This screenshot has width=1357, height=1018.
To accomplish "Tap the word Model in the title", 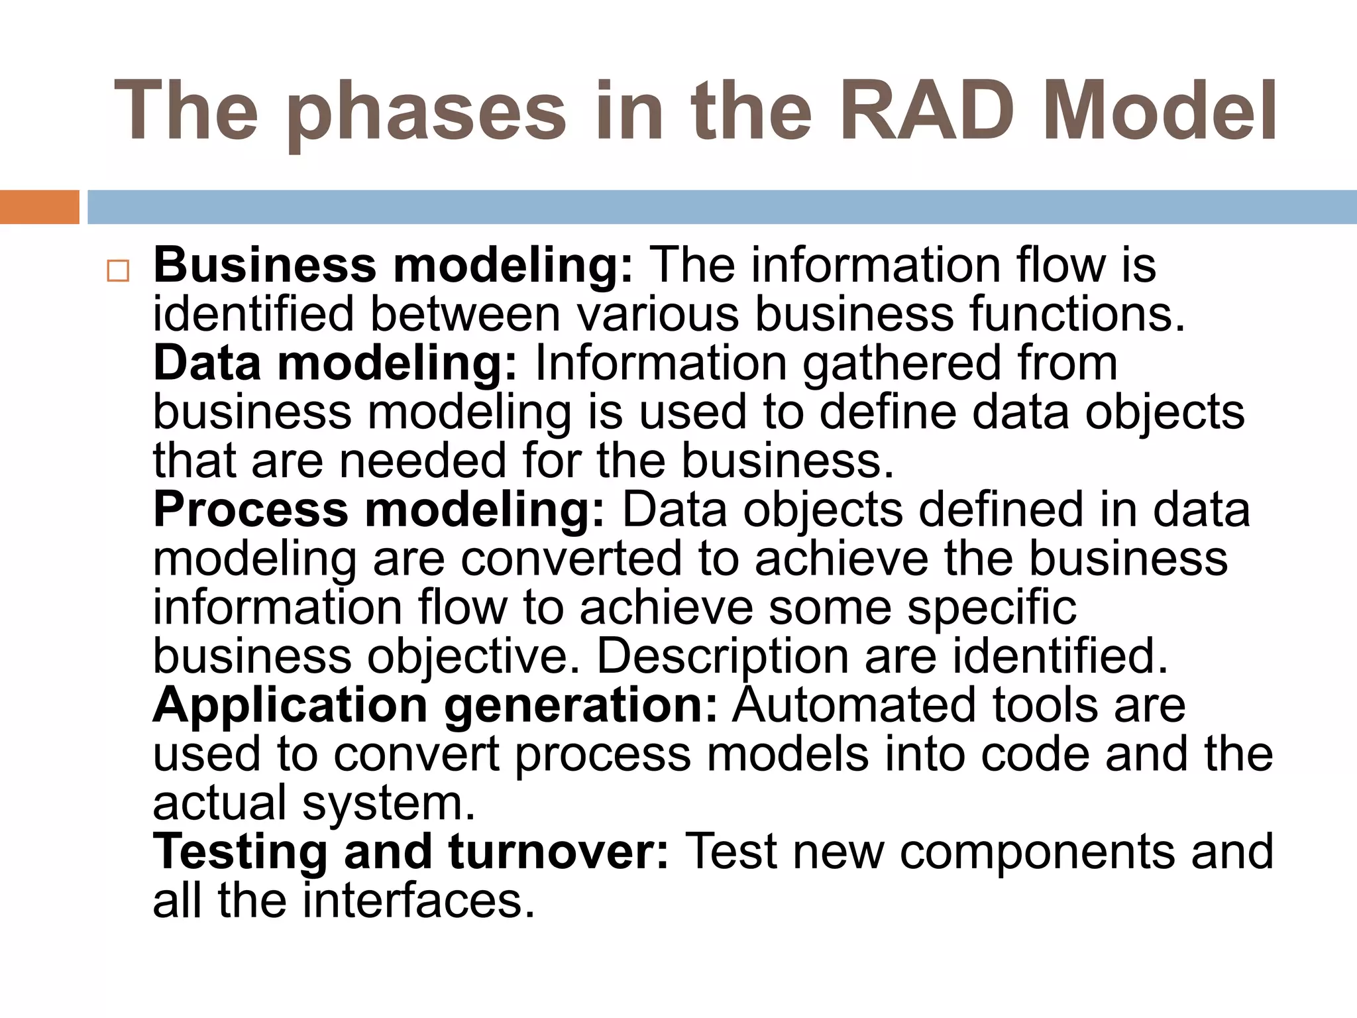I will [1159, 111].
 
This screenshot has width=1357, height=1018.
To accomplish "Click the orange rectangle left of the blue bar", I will [39, 207].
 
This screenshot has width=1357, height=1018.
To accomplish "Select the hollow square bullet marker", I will [118, 271].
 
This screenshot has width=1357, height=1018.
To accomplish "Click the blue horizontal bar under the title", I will [722, 207].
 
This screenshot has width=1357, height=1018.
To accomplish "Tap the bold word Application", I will [290, 707].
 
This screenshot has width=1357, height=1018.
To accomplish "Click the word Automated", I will [846, 705].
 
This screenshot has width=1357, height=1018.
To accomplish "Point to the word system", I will [389, 804].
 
